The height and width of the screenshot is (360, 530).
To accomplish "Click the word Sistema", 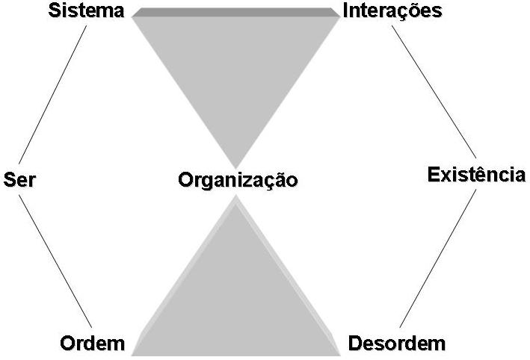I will tap(86, 11).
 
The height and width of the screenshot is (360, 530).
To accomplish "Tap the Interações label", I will tap(392, 11).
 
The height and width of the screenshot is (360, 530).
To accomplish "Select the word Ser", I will tap(19, 180).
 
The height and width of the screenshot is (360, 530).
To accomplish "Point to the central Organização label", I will tap(238, 180).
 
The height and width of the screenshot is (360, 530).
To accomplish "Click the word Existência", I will tap(476, 175).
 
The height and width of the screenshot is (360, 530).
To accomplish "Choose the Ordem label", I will tap(92, 344).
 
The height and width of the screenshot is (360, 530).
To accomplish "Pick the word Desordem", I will tap(397, 344).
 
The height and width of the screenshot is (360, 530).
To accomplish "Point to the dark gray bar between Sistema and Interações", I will tap(235, 12).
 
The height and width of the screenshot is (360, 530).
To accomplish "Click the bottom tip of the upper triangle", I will tap(235, 166).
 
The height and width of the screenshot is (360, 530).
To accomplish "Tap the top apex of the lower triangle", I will tap(236, 198).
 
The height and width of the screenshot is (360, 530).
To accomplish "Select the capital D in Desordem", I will tap(354, 344).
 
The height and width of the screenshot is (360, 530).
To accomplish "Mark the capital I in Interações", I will tap(345, 11).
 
